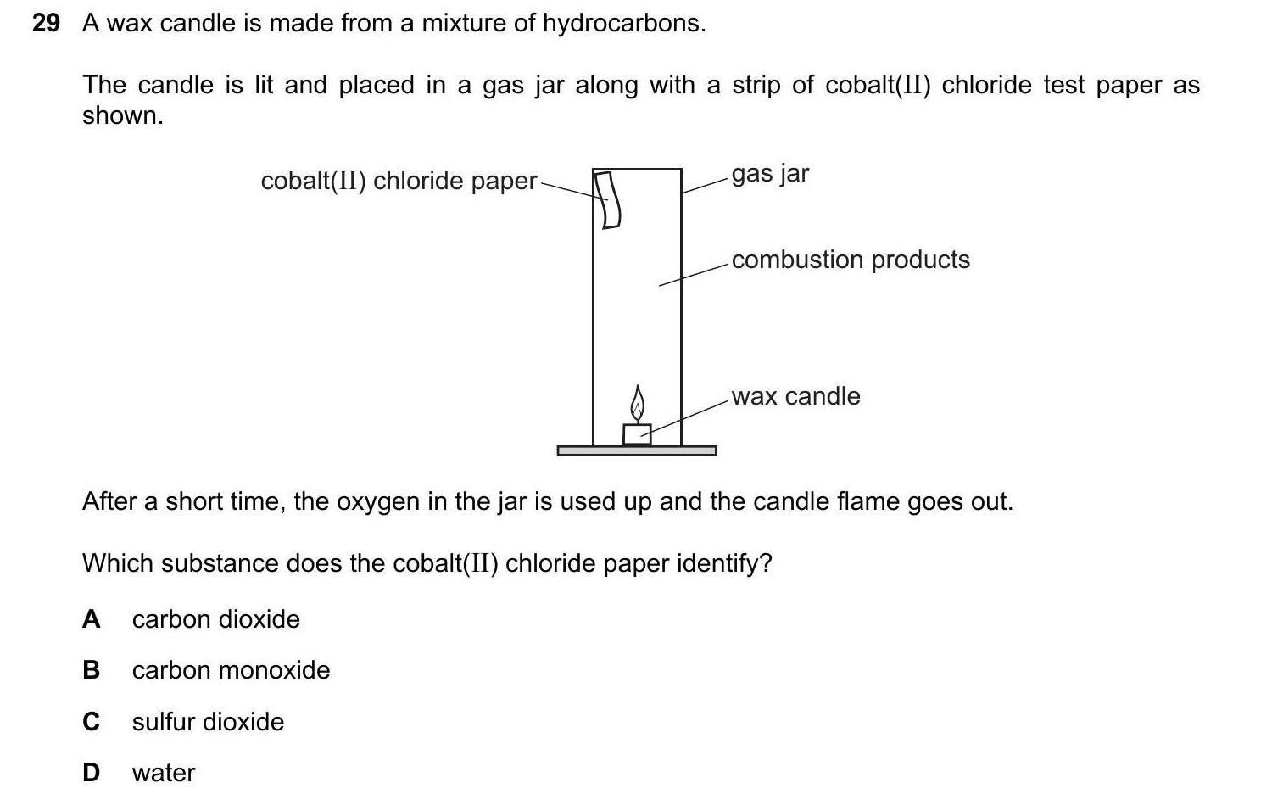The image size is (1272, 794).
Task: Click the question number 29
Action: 46,24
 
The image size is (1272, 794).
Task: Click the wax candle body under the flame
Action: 637,434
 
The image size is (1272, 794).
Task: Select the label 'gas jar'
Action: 770,174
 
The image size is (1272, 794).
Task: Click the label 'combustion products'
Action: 850,260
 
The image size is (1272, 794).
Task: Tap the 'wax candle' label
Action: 795,396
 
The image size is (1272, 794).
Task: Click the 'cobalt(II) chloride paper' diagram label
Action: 399,181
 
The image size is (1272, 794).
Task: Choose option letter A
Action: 91,619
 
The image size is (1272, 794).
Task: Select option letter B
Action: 91,670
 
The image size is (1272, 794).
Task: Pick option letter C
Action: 91,722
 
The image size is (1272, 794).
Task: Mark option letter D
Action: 91,773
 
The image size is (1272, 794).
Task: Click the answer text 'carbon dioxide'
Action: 215,619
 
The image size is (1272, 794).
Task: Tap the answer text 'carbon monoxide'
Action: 231,670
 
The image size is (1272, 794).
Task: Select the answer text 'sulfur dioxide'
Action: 208,722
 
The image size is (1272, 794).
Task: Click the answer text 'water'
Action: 164,773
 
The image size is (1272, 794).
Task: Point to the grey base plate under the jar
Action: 636,450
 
